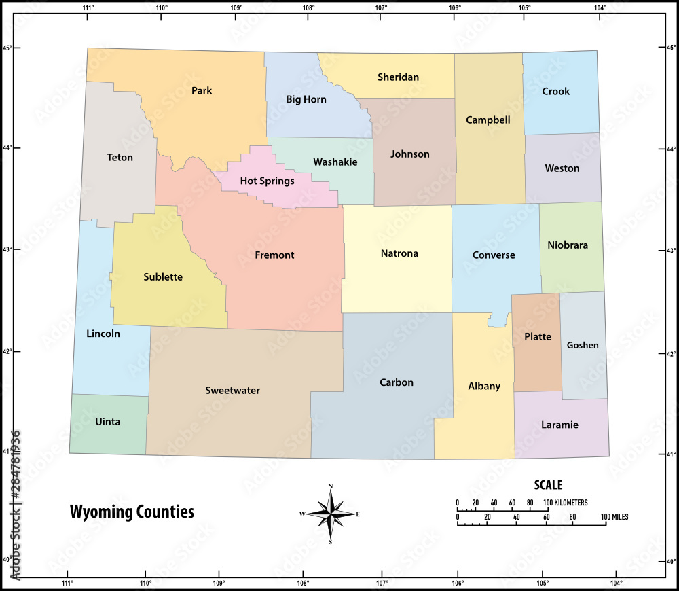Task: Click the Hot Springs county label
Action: click(267, 181)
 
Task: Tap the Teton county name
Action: click(120, 158)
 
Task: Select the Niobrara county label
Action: click(567, 245)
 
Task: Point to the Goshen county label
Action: click(583, 345)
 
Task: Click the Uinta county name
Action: click(107, 422)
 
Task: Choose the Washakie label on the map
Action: click(335, 162)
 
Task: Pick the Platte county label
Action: click(538, 337)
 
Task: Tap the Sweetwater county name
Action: click(232, 391)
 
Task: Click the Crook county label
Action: click(555, 92)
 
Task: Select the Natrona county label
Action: click(399, 254)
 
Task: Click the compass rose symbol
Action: click(330, 514)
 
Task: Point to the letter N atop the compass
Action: click(330, 486)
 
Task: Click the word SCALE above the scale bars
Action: click(548, 485)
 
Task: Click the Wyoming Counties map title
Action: click(132, 512)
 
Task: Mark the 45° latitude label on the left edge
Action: click(7, 48)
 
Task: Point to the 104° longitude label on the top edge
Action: click(600, 8)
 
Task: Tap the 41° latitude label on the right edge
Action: click(672, 454)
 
